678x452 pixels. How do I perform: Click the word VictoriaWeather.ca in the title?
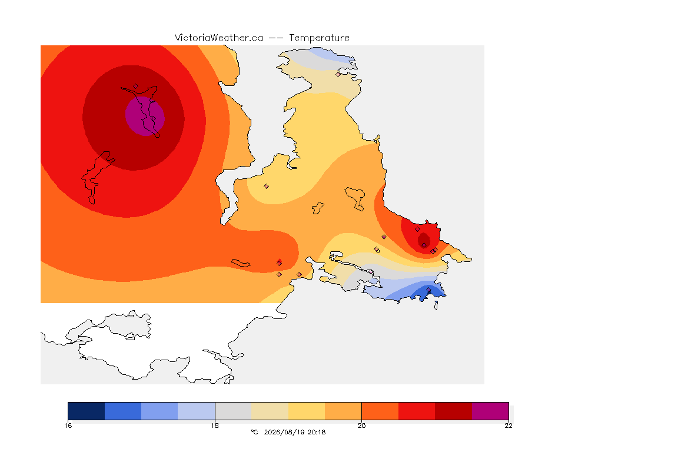pyautogui.click(x=219, y=38)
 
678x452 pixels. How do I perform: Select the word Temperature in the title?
pyautogui.click(x=319, y=38)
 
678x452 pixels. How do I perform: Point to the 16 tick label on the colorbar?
pyautogui.click(x=68, y=426)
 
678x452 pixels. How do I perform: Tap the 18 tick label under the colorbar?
pyautogui.click(x=215, y=426)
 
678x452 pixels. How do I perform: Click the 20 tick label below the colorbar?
pyautogui.click(x=361, y=426)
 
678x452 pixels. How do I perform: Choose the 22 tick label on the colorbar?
pyautogui.click(x=508, y=426)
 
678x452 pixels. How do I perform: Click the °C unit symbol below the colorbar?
pyautogui.click(x=254, y=432)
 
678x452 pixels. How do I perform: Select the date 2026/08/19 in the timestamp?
pyautogui.click(x=284, y=432)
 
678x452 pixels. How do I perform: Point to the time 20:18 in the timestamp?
pyautogui.click(x=317, y=432)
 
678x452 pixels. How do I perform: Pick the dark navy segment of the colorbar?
pyautogui.click(x=87, y=411)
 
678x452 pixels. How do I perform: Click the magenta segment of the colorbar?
pyautogui.click(x=490, y=411)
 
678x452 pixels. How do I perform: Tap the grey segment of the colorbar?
pyautogui.click(x=233, y=411)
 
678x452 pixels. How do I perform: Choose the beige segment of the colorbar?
pyautogui.click(x=270, y=411)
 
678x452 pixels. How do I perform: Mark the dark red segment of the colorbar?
pyautogui.click(x=454, y=411)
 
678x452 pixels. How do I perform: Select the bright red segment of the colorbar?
pyautogui.click(x=417, y=411)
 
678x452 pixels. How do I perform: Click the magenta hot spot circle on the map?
pyautogui.click(x=145, y=116)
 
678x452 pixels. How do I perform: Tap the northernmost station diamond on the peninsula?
pyautogui.click(x=338, y=74)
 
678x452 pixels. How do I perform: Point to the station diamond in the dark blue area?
pyautogui.click(x=428, y=290)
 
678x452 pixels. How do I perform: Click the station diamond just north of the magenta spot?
pyautogui.click(x=136, y=87)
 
